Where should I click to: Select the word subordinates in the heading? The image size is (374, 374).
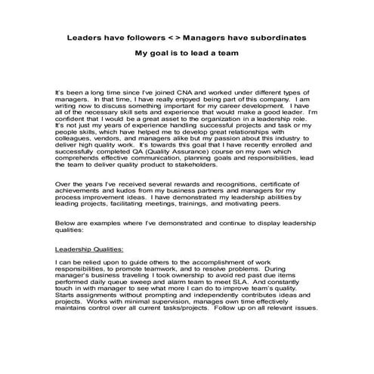click(x=277, y=36)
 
